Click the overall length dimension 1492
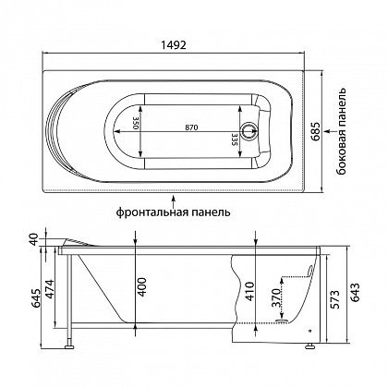(174, 45)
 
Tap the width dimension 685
(316, 132)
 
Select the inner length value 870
(191, 127)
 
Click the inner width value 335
(235, 139)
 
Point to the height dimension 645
(35, 298)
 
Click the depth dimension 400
(141, 287)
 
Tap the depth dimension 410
(249, 291)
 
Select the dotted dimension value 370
(277, 297)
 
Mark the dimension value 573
(335, 299)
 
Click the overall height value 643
(355, 293)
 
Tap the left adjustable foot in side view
(69, 346)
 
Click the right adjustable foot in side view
(309, 346)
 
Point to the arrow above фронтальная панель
(174, 201)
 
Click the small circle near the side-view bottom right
(309, 332)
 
